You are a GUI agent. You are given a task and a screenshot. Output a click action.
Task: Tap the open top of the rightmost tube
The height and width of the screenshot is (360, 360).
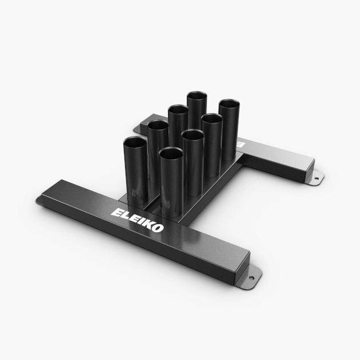[x=229, y=104]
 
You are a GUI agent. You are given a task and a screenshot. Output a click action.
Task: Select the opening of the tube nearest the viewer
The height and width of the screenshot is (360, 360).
[x=171, y=152]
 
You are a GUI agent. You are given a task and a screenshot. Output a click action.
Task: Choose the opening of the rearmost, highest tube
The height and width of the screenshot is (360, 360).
[x=196, y=94]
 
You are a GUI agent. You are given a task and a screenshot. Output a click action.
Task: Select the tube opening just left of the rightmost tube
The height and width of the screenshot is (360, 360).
[x=212, y=119]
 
